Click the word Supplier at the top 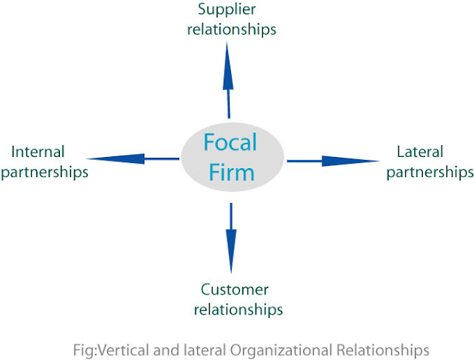(x=227, y=10)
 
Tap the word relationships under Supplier (x=232, y=30)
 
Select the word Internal (x=38, y=151)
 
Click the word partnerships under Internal (x=44, y=173)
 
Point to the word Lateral (x=420, y=151)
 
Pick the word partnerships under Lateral (x=430, y=173)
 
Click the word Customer (x=235, y=290)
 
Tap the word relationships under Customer (x=238, y=310)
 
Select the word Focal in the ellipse (x=230, y=142)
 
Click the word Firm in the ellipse (x=232, y=173)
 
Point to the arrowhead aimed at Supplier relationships (x=227, y=66)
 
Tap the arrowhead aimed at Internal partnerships (x=116, y=159)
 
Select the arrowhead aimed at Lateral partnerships (x=350, y=161)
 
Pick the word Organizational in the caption (x=281, y=350)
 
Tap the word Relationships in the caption (x=383, y=350)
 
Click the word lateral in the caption (x=205, y=350)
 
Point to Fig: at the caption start (x=85, y=350)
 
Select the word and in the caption (x=166, y=350)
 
